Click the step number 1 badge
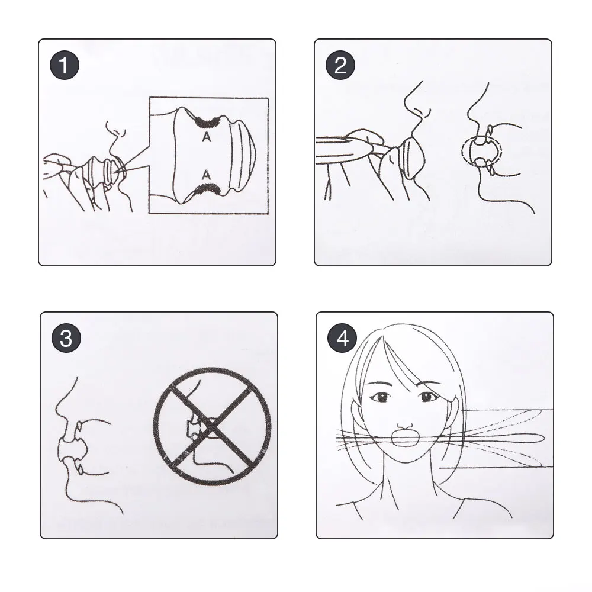click(65, 65)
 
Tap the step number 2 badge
click(340, 65)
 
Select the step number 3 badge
click(66, 338)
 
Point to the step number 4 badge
click(342, 338)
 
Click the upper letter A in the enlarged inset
click(206, 137)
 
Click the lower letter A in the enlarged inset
click(206, 175)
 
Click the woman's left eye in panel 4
click(427, 397)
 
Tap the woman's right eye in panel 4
click(381, 397)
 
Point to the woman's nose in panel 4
click(405, 424)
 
